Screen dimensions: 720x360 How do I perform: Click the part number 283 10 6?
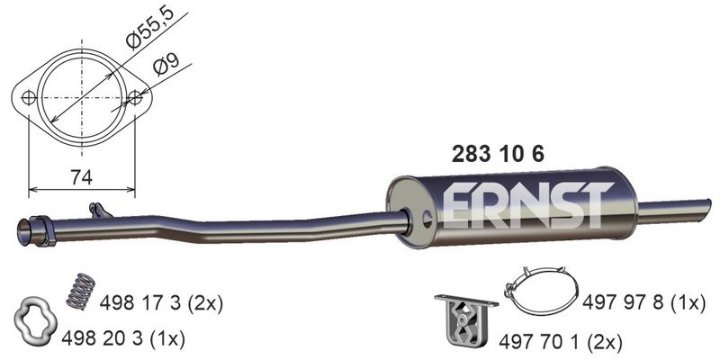coord(498,154)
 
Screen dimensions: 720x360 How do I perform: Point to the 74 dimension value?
coord(81,176)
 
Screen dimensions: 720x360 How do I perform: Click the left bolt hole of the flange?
coord(29,98)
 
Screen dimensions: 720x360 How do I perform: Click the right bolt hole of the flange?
coord(135,97)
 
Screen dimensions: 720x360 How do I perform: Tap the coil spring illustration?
coord(81,291)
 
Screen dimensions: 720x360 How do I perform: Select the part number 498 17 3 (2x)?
coord(161,303)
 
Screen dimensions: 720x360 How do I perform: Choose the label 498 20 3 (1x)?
coord(123,339)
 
